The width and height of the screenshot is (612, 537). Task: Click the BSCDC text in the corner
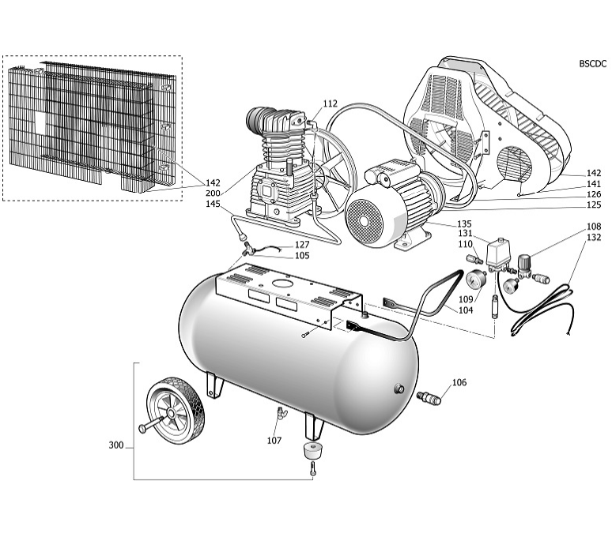point(593,64)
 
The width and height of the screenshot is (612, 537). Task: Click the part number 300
point(116,445)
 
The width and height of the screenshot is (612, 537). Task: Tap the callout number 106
point(459,382)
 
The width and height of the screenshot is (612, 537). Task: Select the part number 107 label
point(274,441)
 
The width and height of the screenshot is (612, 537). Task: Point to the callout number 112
point(330,103)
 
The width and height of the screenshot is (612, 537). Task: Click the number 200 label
point(213,193)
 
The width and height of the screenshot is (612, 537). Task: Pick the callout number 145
point(213,204)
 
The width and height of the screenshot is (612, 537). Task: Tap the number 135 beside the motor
point(464,223)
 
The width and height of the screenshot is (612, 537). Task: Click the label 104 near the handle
point(466,310)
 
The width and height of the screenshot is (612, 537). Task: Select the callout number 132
point(594,237)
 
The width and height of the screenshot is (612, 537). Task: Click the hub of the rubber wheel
point(171,413)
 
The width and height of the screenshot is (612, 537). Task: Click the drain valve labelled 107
point(280,412)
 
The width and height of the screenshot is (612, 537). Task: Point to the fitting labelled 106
point(429,397)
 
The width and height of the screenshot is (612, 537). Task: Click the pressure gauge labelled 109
point(476,280)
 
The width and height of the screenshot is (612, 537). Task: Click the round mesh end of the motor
point(365,220)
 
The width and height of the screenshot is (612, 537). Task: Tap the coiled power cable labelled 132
point(543,310)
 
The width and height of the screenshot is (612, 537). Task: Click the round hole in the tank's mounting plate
point(281,284)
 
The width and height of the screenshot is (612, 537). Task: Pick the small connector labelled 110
point(474,259)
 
